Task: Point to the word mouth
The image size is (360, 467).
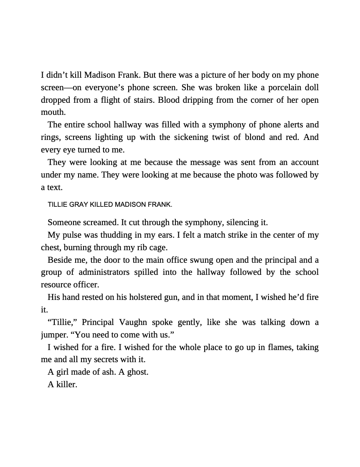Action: point(53,112)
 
